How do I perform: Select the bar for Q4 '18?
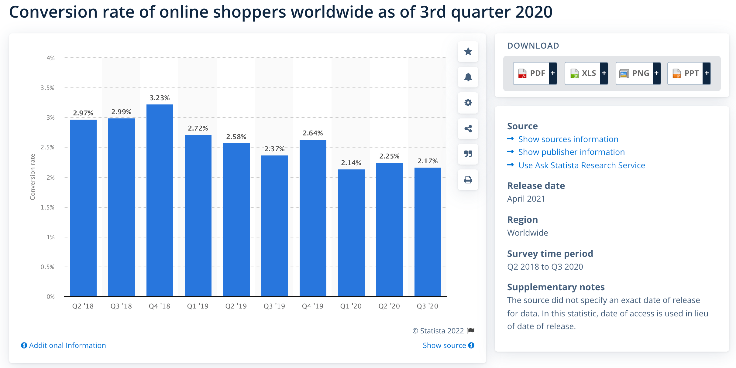click(x=160, y=200)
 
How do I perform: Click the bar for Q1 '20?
click(x=351, y=233)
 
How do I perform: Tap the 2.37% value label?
click(x=274, y=149)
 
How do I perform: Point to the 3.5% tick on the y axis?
click(x=48, y=88)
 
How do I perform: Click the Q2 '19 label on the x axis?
click(x=236, y=306)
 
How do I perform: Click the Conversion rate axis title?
click(x=33, y=177)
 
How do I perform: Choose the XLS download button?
click(x=586, y=73)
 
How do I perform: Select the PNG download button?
click(x=638, y=73)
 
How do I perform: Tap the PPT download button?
click(x=689, y=73)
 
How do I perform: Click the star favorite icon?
click(x=468, y=51)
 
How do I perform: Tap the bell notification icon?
click(x=468, y=77)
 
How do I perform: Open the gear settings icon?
click(x=468, y=103)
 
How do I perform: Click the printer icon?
click(x=468, y=180)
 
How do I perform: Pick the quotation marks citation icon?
click(x=468, y=154)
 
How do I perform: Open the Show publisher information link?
click(x=571, y=152)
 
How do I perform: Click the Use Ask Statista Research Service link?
click(x=581, y=165)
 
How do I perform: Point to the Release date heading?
click(x=536, y=186)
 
